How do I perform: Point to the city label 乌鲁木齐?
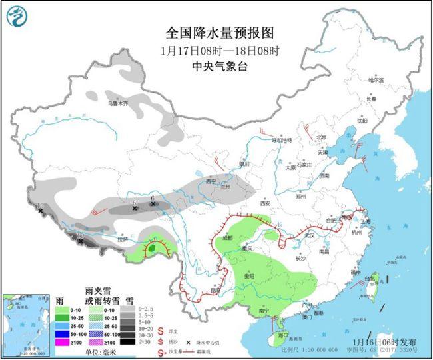coord(117,104)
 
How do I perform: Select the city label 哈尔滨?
coord(377,79)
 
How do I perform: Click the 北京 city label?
coord(322,137)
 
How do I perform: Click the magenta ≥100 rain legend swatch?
coord(63,341)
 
